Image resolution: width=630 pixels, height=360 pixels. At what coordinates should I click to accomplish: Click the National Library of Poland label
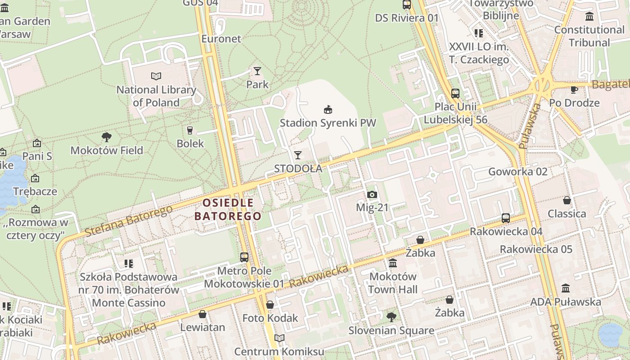click(x=156, y=96)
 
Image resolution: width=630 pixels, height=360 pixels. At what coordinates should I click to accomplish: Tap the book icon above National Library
click(x=156, y=76)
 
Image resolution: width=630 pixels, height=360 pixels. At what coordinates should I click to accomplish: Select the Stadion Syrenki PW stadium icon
click(x=328, y=109)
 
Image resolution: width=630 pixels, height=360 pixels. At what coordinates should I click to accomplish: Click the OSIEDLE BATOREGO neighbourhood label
click(x=228, y=209)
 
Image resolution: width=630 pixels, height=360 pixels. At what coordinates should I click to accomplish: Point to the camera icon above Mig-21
click(x=372, y=195)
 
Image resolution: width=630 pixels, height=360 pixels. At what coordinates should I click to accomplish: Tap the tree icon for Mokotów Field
click(x=107, y=137)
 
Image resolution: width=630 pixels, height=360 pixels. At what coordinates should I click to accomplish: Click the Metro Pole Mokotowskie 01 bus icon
click(x=244, y=257)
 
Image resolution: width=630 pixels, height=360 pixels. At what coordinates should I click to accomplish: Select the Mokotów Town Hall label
click(x=393, y=283)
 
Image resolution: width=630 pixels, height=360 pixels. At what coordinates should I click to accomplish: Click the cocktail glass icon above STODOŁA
click(x=298, y=155)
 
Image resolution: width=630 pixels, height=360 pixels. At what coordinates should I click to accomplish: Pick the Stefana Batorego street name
click(x=128, y=220)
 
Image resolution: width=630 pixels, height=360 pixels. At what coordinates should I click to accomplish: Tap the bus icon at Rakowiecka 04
click(x=506, y=218)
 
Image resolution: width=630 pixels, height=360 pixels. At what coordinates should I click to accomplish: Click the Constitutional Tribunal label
click(x=589, y=36)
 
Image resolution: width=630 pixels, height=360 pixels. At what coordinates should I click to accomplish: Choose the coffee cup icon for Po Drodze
click(x=574, y=90)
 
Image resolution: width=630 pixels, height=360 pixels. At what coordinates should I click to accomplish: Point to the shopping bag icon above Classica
click(x=567, y=200)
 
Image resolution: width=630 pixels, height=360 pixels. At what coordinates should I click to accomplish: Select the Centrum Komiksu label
click(x=279, y=351)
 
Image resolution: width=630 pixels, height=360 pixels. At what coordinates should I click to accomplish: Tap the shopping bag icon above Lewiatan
click(x=202, y=314)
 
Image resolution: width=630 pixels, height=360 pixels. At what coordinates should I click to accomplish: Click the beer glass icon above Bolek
click(x=190, y=130)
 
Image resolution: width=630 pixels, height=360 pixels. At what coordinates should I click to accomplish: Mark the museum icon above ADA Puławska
click(x=566, y=288)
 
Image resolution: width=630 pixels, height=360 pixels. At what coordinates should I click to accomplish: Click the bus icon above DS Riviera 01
click(x=407, y=4)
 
